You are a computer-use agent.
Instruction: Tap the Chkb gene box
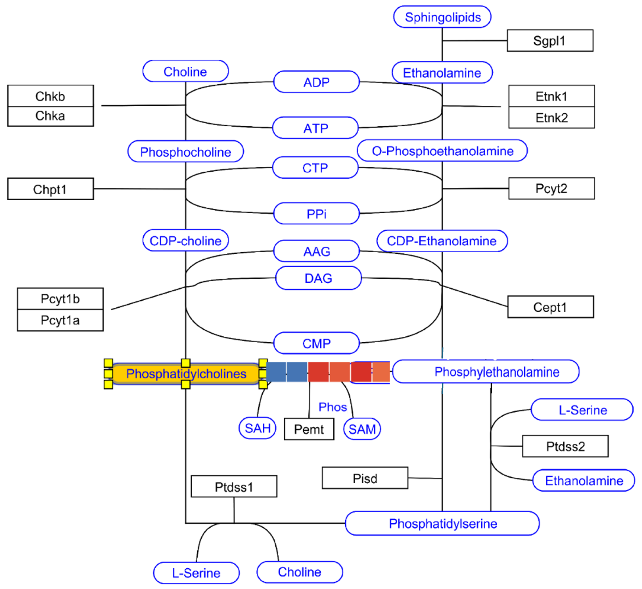[50, 96]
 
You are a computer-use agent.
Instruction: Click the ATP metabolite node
[315, 128]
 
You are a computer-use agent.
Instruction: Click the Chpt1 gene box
[50, 189]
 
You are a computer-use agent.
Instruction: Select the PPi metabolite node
[316, 214]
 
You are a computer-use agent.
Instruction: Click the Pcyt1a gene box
[60, 320]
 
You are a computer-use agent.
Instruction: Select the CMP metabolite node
[316, 343]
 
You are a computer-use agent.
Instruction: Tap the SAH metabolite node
[257, 428]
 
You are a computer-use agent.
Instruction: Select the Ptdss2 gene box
[565, 446]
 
